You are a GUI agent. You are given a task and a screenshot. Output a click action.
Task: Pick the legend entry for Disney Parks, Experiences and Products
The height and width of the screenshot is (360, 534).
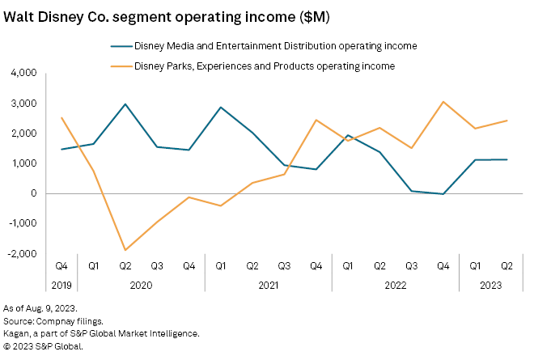tap(259, 66)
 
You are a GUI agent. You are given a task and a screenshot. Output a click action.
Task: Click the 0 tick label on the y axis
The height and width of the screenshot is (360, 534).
tap(34, 193)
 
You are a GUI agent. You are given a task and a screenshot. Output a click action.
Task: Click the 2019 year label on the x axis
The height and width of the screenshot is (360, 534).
tap(61, 284)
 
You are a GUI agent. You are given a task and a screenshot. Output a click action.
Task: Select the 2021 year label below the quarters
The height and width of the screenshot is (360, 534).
tap(268, 284)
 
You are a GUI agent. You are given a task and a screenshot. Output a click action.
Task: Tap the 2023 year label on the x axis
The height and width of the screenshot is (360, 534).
tap(490, 284)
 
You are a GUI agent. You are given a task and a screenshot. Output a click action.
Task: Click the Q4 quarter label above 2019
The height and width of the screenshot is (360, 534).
tap(61, 265)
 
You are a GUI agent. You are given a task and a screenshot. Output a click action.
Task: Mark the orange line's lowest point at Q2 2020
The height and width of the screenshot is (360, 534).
tap(125, 250)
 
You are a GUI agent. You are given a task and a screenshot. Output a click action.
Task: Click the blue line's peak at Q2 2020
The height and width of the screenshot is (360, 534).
tap(125, 104)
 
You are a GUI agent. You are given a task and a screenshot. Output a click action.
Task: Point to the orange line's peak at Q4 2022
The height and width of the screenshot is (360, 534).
tap(443, 101)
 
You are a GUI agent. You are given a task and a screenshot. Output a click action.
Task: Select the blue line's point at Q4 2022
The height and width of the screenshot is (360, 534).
tap(443, 194)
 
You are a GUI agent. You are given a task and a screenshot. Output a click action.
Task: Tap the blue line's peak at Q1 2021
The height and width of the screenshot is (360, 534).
tap(220, 107)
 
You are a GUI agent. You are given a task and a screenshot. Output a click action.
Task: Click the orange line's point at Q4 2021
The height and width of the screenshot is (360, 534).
tap(316, 120)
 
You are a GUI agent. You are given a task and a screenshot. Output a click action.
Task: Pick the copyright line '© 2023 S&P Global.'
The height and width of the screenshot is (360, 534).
tap(44, 345)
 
